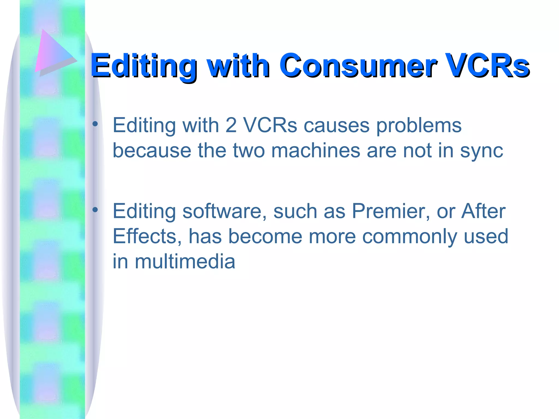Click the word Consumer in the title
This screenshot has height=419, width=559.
click(x=358, y=65)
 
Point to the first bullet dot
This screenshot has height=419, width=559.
click(x=95, y=124)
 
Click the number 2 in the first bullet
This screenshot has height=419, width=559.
click(x=231, y=125)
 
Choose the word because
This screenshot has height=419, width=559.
click(x=152, y=151)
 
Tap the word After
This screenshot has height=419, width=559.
click(x=483, y=211)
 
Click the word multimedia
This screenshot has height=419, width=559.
click(x=185, y=261)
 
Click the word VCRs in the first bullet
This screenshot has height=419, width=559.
click(x=270, y=125)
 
